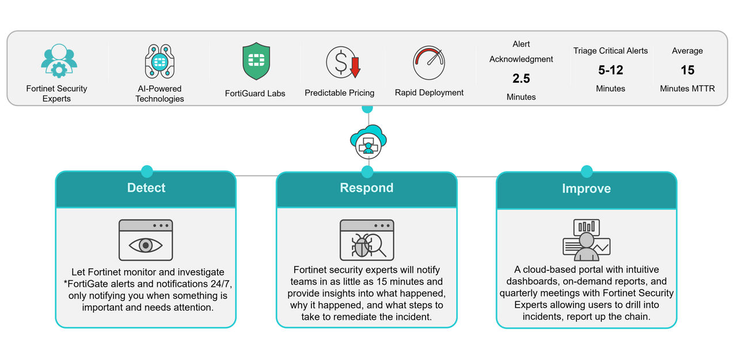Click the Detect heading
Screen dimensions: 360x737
(x=146, y=188)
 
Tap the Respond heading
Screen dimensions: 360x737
(x=367, y=188)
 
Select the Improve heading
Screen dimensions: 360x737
(x=586, y=188)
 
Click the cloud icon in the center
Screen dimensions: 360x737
(x=368, y=142)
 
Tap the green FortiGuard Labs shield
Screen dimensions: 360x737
(x=256, y=62)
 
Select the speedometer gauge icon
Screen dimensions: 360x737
(x=429, y=63)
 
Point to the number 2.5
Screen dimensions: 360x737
(x=521, y=78)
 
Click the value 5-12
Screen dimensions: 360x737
(x=610, y=70)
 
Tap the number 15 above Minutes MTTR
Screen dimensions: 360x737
(x=687, y=70)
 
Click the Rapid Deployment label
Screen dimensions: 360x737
(x=429, y=93)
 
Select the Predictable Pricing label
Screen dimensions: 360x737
(x=339, y=93)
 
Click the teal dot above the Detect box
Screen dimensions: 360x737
(x=147, y=171)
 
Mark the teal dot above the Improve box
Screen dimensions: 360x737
(x=586, y=171)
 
